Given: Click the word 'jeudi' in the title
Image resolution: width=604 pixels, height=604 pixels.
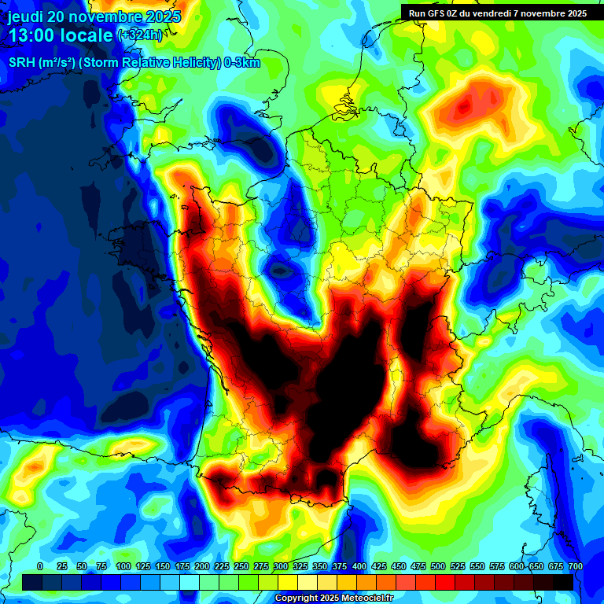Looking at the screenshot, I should (26, 17).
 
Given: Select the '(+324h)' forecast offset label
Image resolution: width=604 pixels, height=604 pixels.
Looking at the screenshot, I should (141, 35).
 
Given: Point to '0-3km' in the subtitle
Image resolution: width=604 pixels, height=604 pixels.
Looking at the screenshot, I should (242, 64).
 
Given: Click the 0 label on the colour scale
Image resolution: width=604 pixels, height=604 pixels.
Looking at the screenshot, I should (40, 567).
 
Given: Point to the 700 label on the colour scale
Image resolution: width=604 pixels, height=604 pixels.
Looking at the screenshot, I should (575, 567).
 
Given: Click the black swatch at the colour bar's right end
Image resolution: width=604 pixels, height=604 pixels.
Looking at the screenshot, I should (563, 582).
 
